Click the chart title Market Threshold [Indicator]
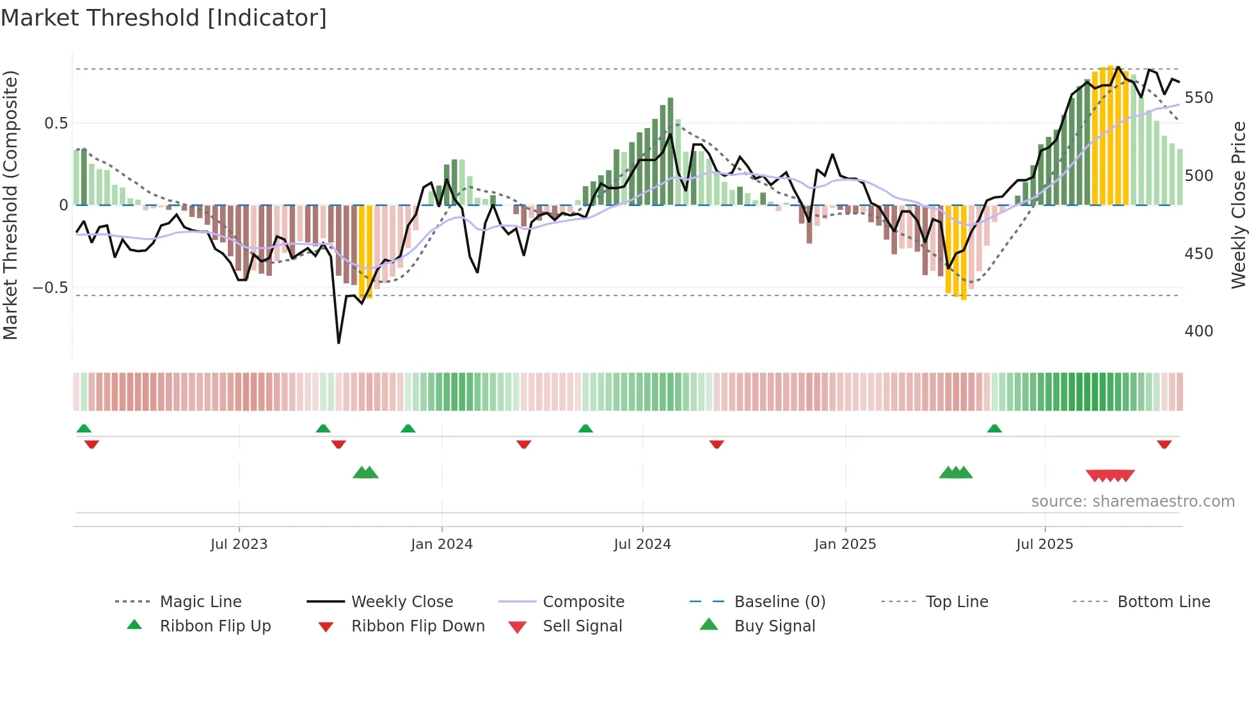coord(164,18)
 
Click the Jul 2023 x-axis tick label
coord(239,544)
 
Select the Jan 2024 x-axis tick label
coord(441,544)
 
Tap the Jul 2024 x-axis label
coord(642,544)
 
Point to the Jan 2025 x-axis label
coord(845,544)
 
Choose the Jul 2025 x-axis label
coord(1045,544)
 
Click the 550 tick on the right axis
coord(1198,98)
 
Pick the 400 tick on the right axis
coord(1198,331)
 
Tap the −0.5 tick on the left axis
coord(51,288)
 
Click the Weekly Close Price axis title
coord(1239,205)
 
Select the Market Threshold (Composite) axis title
coord(11,205)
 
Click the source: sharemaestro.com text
coord(1132,502)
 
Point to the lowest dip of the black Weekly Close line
coord(338,343)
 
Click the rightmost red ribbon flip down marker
coord(1164,444)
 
